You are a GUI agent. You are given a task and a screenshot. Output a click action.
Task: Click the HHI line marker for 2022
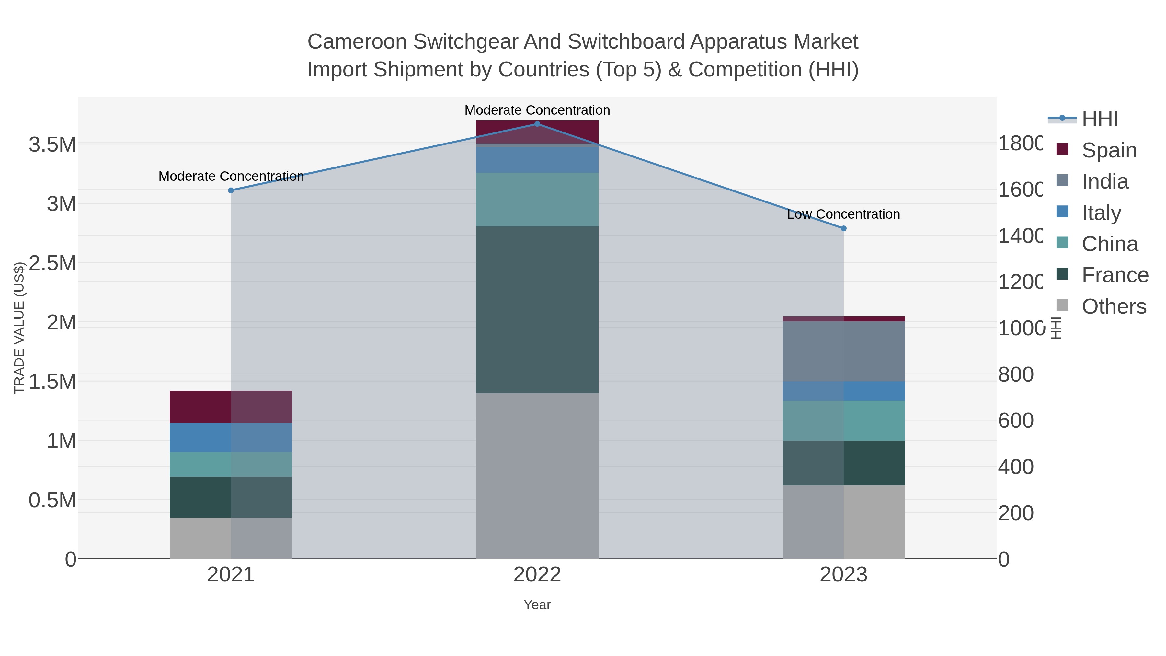537,124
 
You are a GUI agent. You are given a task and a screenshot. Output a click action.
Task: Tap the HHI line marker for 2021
231,190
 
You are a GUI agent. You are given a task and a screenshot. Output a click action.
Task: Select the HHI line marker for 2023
843,229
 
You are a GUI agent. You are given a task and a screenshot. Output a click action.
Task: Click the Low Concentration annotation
843,214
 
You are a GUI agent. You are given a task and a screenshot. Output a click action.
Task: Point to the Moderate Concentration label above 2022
537,110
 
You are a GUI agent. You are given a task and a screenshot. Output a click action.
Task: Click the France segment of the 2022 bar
537,310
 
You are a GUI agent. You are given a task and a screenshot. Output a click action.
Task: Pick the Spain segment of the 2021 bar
231,407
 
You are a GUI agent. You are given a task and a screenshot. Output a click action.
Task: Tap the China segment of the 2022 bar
537,199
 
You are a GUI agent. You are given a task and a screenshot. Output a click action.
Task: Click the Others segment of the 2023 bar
843,522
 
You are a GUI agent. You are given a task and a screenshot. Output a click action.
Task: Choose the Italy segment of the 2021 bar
231,437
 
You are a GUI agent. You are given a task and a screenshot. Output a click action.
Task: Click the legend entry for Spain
1109,150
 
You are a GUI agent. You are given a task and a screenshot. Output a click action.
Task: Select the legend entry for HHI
1100,119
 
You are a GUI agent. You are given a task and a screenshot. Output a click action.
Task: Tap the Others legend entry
1114,306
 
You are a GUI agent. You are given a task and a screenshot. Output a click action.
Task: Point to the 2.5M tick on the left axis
52,263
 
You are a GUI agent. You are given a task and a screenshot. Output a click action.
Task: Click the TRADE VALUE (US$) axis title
19,328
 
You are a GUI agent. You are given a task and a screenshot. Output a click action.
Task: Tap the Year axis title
537,605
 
